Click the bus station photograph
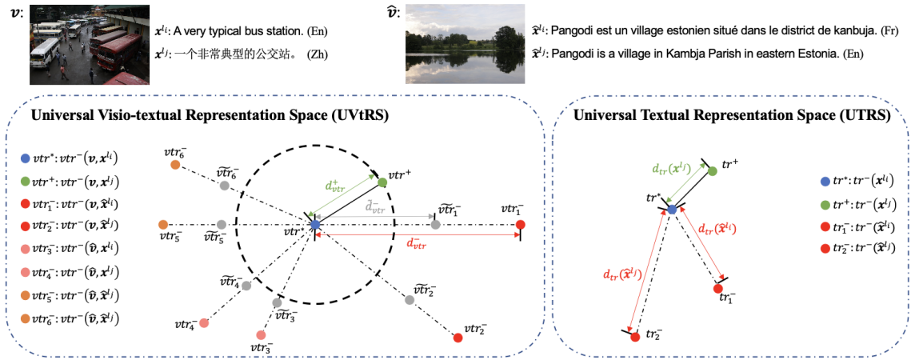pyautogui.click(x=89, y=43)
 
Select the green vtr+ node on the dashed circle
pyautogui.click(x=382, y=183)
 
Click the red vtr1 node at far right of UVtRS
pyautogui.click(x=521, y=225)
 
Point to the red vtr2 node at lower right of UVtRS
pyautogui.click(x=458, y=338)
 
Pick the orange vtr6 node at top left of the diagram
pyautogui.click(x=175, y=166)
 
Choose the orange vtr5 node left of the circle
pyautogui.click(x=164, y=225)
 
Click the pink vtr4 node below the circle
pyautogui.click(x=204, y=323)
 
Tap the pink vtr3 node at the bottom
pyautogui.click(x=261, y=335)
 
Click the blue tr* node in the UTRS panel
pyautogui.click(x=673, y=209)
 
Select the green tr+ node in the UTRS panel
pyautogui.click(x=712, y=171)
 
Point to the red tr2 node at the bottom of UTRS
pyautogui.click(x=634, y=337)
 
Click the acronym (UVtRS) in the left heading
pyautogui.click(x=358, y=115)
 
